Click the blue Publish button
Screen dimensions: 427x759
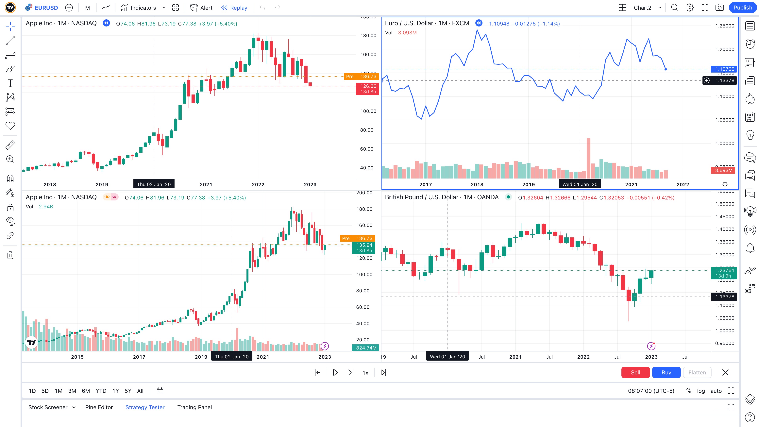point(743,8)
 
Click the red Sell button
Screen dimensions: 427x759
point(635,372)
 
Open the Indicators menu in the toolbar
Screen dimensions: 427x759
point(139,8)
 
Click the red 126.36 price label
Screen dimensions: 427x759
point(368,86)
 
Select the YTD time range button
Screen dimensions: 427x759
point(101,391)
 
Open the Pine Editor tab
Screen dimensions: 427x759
point(99,407)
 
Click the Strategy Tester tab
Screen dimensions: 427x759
point(145,407)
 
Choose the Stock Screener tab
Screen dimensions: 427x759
point(48,407)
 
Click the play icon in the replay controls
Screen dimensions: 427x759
point(335,372)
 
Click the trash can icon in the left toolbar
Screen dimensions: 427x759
point(10,255)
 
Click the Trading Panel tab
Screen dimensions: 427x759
point(194,407)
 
